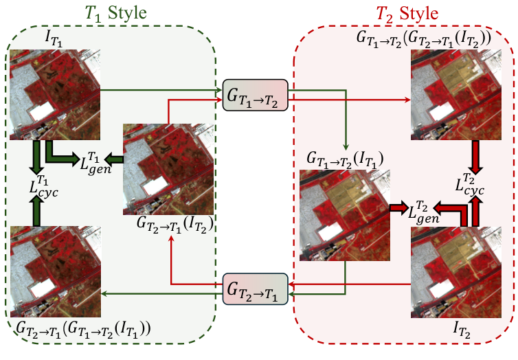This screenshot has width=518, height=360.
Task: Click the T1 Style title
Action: (111, 13)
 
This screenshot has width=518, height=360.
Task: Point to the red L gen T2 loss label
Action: (424, 210)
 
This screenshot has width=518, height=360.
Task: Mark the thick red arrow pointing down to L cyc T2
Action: (473, 154)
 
